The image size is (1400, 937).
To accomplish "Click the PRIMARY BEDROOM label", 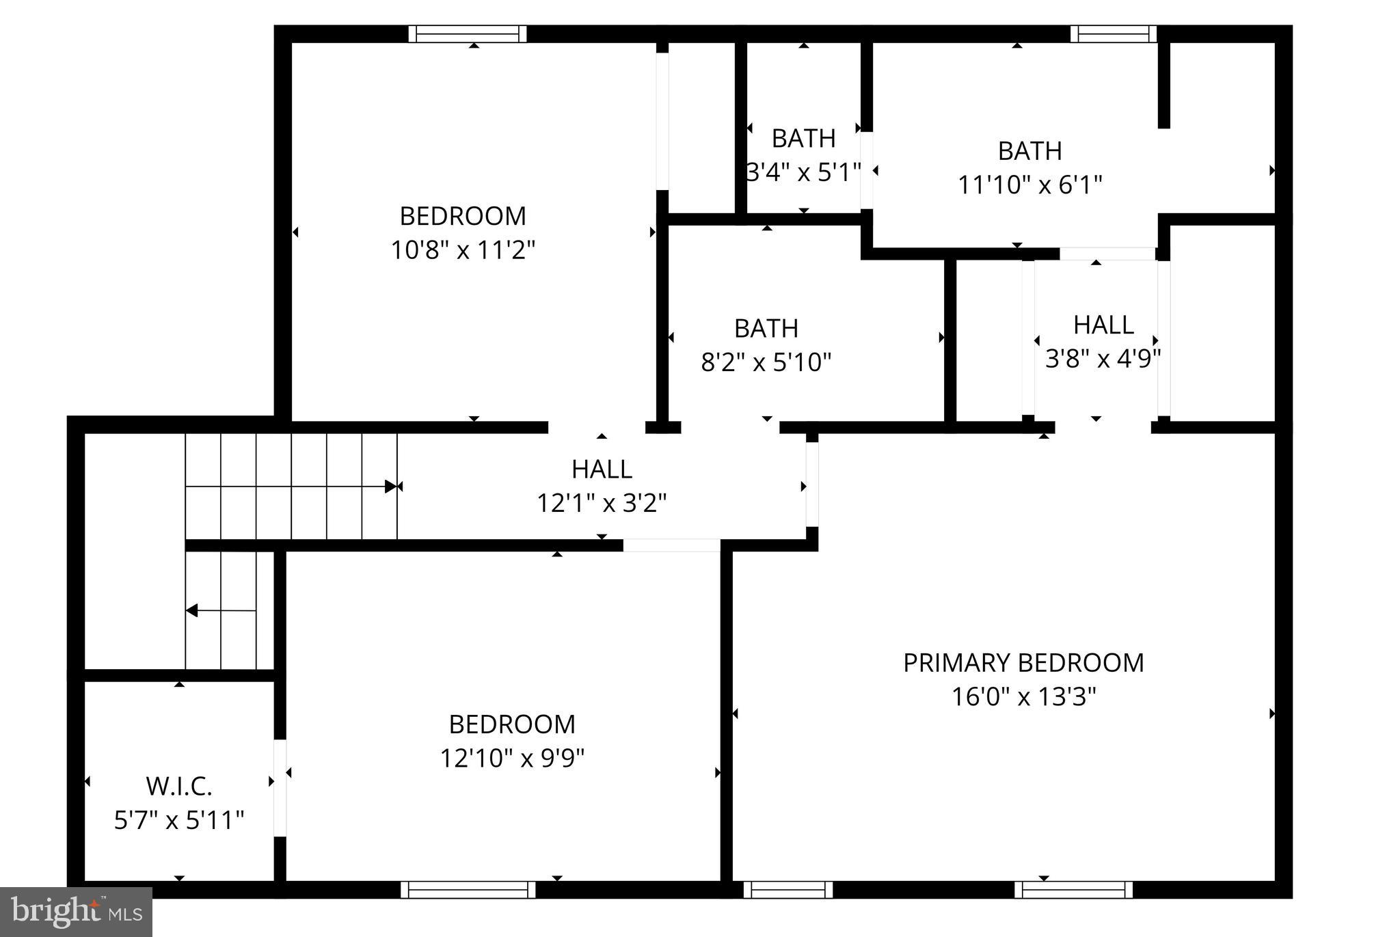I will pos(1023,663).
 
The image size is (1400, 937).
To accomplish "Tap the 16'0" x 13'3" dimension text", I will pos(1023,697).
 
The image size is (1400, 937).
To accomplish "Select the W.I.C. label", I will pos(179,787).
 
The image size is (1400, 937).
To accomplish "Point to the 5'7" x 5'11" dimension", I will pos(179,819).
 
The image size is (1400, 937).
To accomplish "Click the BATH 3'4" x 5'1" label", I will pos(803,139).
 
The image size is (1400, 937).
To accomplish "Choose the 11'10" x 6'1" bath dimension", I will pos(1029,185).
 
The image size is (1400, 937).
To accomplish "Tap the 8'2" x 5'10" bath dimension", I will pos(766,362).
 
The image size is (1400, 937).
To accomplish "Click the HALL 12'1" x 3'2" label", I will pos(602,470).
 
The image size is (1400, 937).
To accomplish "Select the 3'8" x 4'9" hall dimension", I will pos(1103,357).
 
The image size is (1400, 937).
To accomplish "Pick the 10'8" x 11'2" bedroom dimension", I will pos(463,250).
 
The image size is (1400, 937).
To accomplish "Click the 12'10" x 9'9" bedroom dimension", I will pos(512,758).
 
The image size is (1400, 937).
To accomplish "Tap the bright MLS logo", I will pos(76,912).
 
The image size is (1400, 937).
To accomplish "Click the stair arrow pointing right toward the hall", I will pos(390,487).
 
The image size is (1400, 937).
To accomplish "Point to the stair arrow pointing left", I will pos(193,610).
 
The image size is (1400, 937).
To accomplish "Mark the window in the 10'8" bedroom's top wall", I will pos(468,33).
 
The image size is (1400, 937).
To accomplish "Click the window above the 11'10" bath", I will pos(1113,33).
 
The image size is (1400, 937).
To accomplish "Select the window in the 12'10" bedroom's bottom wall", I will pos(468,889).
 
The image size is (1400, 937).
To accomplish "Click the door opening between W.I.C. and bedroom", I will pos(280,787).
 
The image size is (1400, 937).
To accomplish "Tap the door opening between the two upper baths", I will pos(866,170).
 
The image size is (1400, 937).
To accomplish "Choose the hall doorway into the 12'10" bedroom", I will pos(671,545).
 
